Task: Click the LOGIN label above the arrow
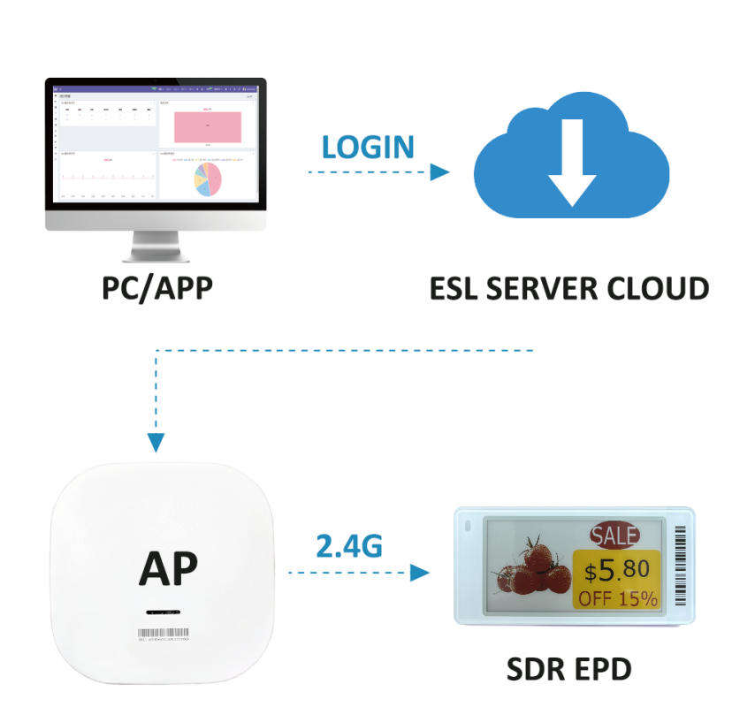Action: click(x=368, y=146)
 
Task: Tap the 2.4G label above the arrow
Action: click(x=349, y=545)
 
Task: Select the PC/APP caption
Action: click(x=156, y=288)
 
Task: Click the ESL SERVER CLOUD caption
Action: click(x=569, y=288)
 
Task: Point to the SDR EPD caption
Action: click(x=569, y=669)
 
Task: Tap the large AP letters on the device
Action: click(x=168, y=569)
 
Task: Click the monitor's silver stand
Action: click(x=156, y=246)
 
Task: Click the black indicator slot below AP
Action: click(x=163, y=612)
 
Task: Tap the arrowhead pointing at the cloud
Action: click(x=439, y=172)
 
